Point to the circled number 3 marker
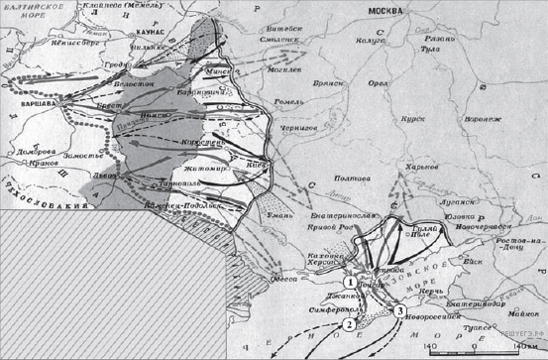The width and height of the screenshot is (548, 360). coord(398,311)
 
